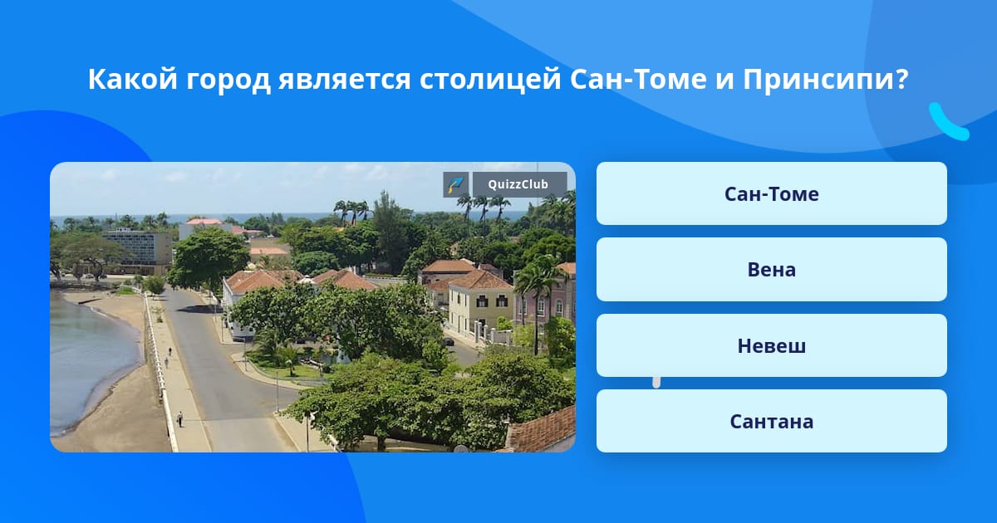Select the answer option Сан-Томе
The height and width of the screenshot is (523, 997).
coord(771,193)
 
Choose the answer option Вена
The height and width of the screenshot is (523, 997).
coord(771,270)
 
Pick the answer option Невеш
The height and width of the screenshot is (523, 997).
coord(771,345)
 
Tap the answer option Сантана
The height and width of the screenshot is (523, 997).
coord(771,421)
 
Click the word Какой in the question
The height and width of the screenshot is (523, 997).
coord(133,79)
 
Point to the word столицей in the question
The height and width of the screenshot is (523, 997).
coord(489,80)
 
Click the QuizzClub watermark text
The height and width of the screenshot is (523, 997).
coord(518,184)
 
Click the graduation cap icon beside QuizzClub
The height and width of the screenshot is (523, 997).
coord(455,184)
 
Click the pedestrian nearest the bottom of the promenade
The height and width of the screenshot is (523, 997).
coord(179,419)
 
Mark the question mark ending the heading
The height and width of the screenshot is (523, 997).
coord(901,79)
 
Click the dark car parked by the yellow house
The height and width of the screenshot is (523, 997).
coord(448,341)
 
